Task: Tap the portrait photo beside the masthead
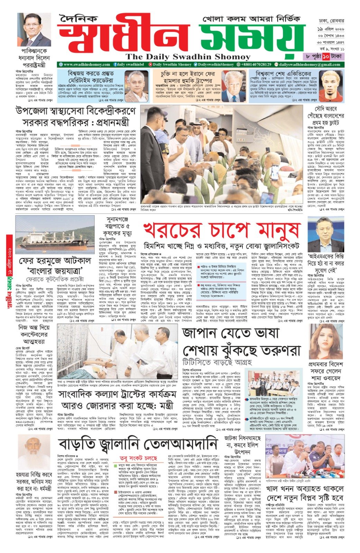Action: [x=34, y=30]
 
